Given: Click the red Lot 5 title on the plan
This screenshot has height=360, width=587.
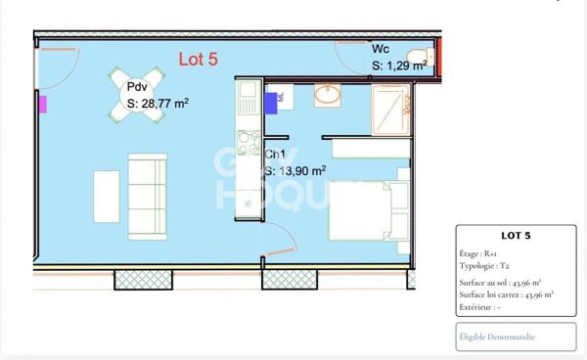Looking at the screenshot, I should [x=198, y=59].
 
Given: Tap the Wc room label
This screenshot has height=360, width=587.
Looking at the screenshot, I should [x=382, y=49].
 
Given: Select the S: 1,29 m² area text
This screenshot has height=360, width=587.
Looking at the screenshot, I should [x=399, y=66].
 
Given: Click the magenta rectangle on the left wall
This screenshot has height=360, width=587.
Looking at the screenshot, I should [x=42, y=103].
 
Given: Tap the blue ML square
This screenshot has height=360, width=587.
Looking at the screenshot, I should [x=274, y=98].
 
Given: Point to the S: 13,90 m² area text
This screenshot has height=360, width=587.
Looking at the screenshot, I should [x=295, y=170].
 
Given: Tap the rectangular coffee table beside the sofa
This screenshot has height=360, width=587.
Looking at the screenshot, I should [x=107, y=199].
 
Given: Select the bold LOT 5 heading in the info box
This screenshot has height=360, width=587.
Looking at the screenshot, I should [x=515, y=236].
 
